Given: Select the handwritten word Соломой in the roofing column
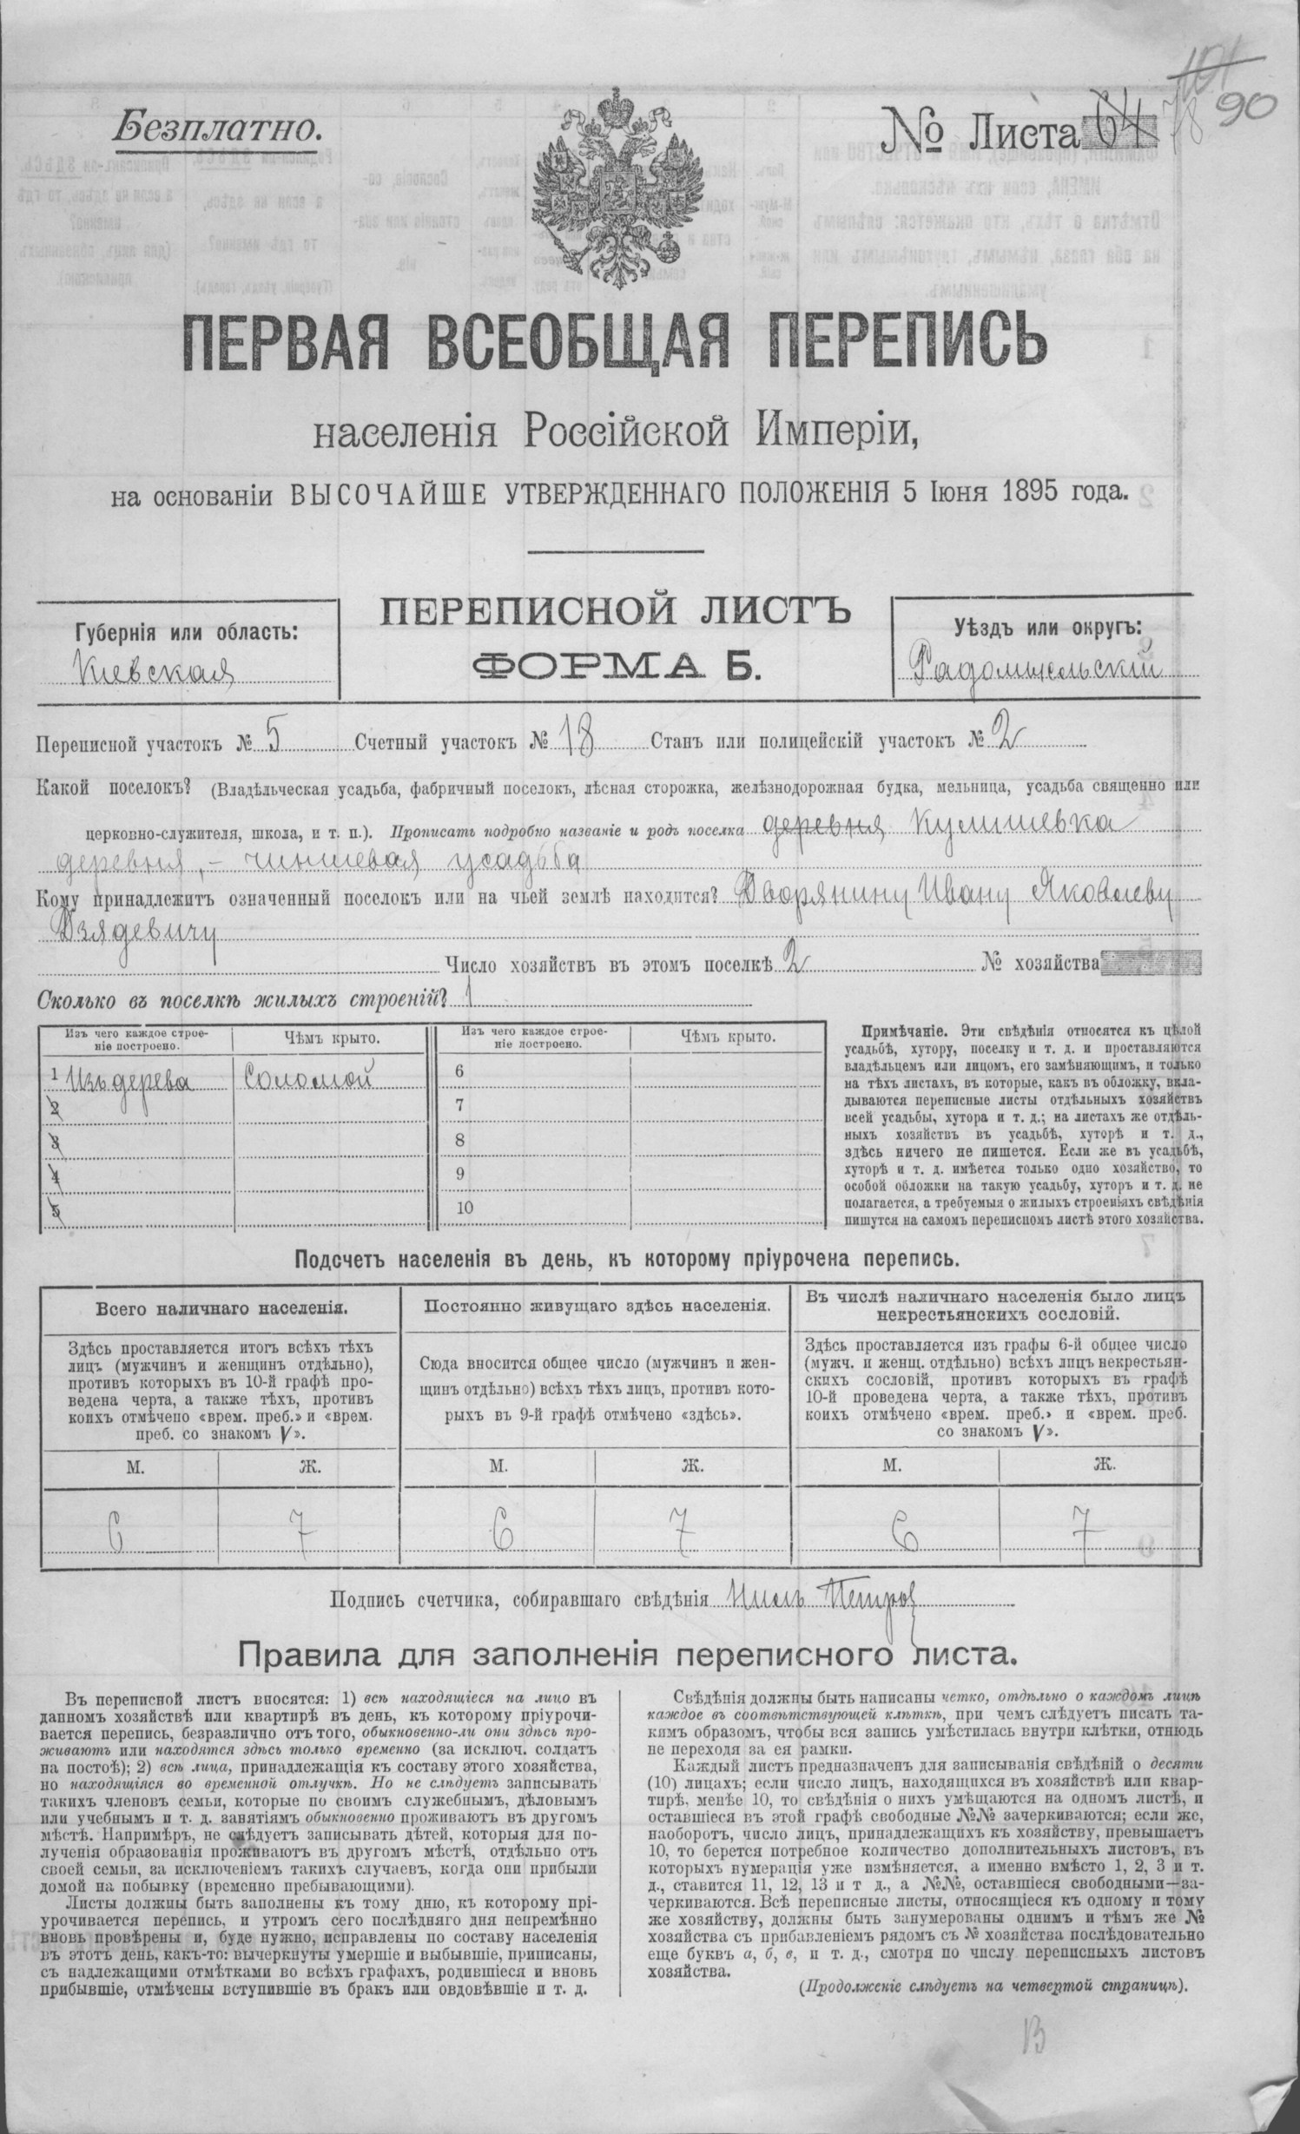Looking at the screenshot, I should pos(309,1078).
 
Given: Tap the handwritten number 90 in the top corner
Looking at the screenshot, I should pos(1244,110).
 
